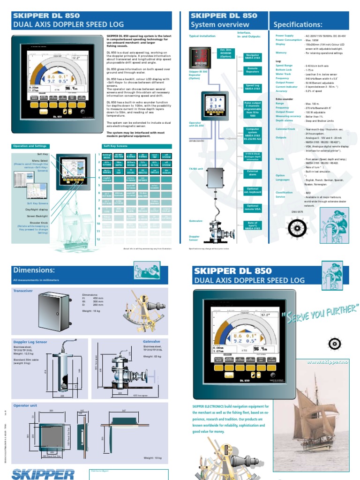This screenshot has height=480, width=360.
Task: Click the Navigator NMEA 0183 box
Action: (x=253, y=57)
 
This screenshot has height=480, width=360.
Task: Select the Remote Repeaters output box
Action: (x=253, y=70)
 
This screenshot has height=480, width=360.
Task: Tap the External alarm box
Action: (x=253, y=173)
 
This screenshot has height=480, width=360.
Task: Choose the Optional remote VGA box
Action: (x=253, y=208)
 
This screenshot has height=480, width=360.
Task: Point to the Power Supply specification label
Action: (x=285, y=36)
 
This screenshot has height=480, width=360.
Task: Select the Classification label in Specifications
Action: (x=284, y=193)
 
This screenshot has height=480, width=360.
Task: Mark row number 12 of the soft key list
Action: (x=99, y=240)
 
